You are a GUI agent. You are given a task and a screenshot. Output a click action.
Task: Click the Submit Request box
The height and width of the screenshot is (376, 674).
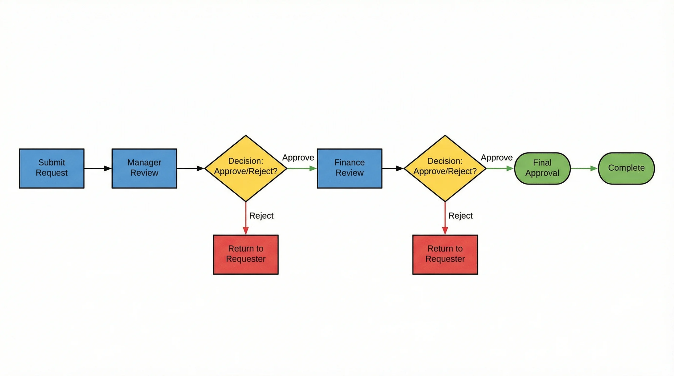(x=51, y=168)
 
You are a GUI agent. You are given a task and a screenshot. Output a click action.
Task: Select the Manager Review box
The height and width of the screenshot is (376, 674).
(x=144, y=168)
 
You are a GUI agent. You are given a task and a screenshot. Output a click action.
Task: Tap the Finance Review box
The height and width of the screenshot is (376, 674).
(x=349, y=168)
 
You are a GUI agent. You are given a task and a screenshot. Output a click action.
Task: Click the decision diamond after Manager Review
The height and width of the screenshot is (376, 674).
(x=245, y=168)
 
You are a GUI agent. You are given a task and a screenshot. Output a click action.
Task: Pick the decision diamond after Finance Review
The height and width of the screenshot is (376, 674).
(x=445, y=168)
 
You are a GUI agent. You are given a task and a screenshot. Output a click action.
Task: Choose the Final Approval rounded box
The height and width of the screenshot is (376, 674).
(x=542, y=168)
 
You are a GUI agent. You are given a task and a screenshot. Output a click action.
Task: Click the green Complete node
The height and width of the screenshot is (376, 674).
(x=626, y=168)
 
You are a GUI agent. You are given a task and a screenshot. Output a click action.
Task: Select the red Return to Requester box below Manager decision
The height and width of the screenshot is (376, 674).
(x=245, y=254)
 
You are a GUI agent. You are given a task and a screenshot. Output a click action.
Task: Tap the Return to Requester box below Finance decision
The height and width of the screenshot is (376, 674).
(x=445, y=254)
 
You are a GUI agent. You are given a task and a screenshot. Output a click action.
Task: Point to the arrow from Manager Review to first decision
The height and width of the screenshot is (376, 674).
(x=190, y=168)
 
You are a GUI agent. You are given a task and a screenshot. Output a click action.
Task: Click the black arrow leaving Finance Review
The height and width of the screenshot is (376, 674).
(x=392, y=168)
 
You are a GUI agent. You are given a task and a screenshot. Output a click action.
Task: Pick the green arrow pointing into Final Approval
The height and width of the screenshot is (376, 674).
(x=500, y=168)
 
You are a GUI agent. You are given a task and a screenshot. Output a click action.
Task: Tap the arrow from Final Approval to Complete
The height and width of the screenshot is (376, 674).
(x=584, y=168)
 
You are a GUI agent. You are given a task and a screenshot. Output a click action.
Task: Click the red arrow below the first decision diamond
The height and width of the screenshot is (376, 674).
(x=245, y=218)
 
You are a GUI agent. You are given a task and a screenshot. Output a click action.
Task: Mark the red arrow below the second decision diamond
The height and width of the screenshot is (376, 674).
(x=445, y=218)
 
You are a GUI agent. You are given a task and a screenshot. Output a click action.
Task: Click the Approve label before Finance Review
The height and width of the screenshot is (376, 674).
(x=298, y=157)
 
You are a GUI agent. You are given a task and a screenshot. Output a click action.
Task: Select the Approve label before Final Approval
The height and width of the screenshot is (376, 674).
(x=496, y=157)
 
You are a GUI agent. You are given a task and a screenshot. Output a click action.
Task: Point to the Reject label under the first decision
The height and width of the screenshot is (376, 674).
(x=261, y=215)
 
